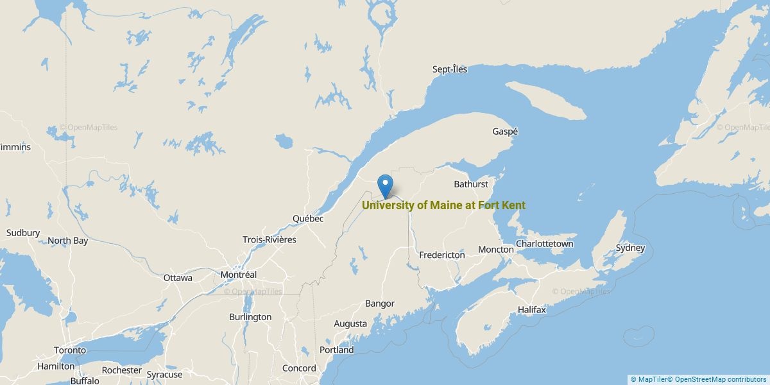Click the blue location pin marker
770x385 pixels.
point(386,185)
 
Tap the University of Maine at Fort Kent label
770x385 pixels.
point(443,205)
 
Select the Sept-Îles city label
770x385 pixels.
point(450,69)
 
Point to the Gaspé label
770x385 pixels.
point(505,131)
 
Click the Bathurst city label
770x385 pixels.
point(471,184)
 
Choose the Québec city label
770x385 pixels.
point(308,218)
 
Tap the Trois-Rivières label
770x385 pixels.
point(269,239)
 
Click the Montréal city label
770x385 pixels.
point(238,275)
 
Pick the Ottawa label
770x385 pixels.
point(178,278)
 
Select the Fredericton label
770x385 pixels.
point(442,255)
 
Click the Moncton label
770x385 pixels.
point(496,249)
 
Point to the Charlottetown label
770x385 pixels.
point(545,244)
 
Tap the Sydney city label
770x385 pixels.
point(630,248)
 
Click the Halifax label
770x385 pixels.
point(532,310)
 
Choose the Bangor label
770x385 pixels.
point(380,304)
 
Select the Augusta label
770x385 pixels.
point(350,323)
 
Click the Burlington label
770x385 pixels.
point(250,317)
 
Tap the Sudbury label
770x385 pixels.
point(23,233)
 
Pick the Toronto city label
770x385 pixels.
point(70,350)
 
